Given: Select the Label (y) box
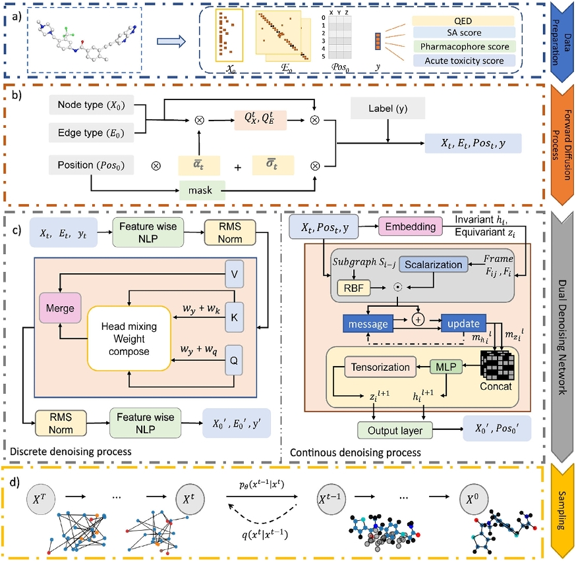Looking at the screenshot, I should pos(388,107).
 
